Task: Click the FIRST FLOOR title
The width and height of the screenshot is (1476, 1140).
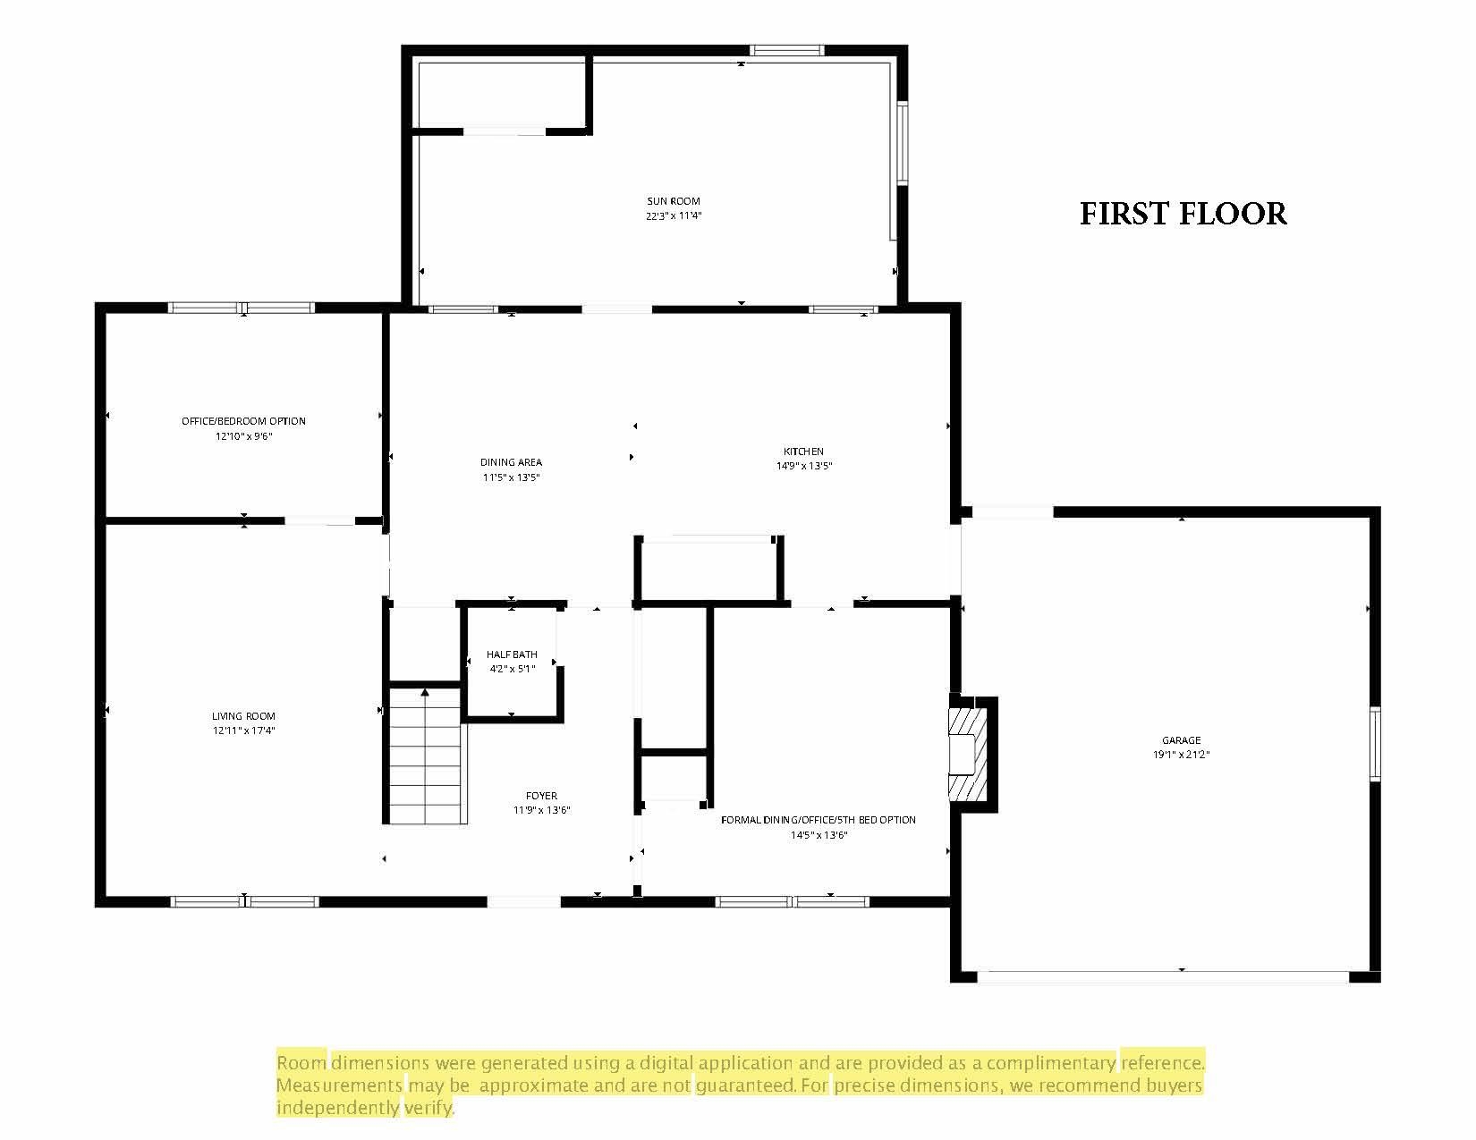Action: [x=1183, y=213]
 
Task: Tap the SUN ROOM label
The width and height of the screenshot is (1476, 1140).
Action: [x=673, y=201]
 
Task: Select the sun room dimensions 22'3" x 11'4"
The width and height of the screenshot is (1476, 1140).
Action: [x=673, y=215]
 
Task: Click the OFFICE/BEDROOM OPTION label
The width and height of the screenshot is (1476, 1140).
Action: [x=243, y=421]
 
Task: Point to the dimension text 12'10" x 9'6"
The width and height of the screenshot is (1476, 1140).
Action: [x=244, y=436]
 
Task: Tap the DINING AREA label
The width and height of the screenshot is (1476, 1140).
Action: [x=511, y=462]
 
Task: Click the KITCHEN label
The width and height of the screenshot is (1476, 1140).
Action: [x=803, y=452]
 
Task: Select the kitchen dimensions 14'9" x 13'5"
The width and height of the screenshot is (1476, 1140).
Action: [x=804, y=466]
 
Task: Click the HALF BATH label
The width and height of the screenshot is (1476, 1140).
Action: [x=512, y=654]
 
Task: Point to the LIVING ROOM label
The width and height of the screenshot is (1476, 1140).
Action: [x=243, y=715]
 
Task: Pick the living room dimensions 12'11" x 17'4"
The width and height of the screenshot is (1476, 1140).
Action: [x=243, y=730]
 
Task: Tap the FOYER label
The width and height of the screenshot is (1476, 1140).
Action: [x=541, y=796]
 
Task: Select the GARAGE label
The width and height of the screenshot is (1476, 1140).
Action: [x=1181, y=740]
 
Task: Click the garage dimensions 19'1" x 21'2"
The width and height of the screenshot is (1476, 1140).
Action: [x=1181, y=755]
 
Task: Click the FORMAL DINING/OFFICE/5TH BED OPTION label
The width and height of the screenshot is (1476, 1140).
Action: [x=818, y=820]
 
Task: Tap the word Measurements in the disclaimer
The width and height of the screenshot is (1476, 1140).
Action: [x=339, y=1085]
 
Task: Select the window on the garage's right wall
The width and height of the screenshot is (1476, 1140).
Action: [x=1375, y=744]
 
